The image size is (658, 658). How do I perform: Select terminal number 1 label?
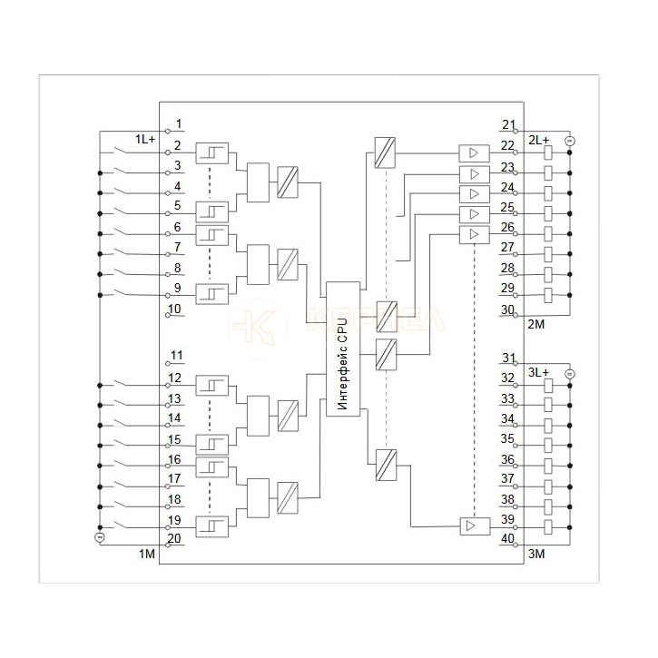click(178, 123)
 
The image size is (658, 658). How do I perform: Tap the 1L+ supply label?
click(145, 140)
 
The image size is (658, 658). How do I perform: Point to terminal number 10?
click(175, 309)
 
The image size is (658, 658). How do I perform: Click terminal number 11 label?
click(176, 355)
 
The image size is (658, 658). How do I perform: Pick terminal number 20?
click(175, 538)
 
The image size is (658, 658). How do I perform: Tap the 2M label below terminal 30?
click(535, 323)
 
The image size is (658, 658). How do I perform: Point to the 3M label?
click(535, 553)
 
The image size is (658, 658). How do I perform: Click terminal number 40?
click(508, 538)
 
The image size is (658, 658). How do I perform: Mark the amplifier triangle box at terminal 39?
click(473, 525)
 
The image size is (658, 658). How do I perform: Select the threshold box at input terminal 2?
click(212, 152)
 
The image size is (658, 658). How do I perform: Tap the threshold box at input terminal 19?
click(212, 525)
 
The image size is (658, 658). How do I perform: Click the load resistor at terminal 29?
click(548, 295)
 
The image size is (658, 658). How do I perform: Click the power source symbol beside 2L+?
click(570, 141)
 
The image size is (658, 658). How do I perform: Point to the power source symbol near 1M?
click(100, 539)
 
